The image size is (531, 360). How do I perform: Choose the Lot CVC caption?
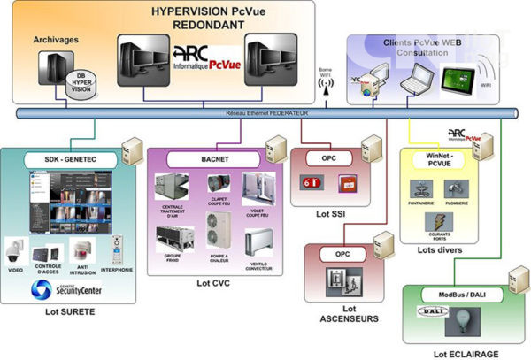click(214, 284)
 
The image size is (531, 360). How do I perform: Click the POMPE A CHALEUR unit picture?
click(218, 229)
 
